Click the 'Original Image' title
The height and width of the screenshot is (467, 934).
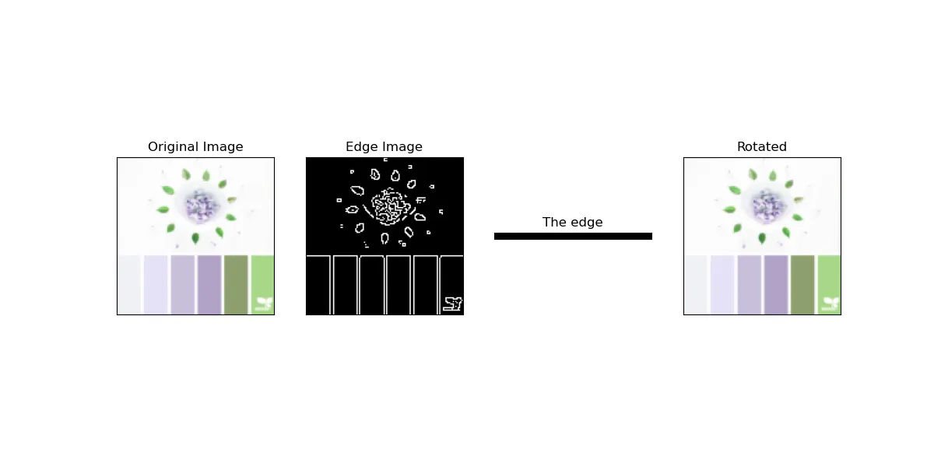[195, 146]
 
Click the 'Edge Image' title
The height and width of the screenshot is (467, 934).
[384, 146]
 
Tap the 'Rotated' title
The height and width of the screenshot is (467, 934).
[761, 146]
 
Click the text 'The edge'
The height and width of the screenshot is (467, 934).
[572, 223]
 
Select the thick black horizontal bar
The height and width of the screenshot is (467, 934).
[573, 236]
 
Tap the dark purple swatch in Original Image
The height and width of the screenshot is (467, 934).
[209, 284]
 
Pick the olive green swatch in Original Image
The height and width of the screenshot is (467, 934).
[236, 284]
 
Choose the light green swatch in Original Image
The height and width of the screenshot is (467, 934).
[262, 276]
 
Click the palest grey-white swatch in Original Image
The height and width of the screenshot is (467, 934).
[129, 284]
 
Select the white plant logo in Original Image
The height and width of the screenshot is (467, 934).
[265, 304]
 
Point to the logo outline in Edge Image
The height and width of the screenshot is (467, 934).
[452, 304]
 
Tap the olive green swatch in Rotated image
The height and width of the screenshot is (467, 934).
[802, 284]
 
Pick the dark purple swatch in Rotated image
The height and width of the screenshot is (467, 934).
[776, 284]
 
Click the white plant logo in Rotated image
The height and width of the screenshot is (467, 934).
[831, 304]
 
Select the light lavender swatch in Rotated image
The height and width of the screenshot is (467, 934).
[722, 284]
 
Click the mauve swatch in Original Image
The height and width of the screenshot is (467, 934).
[183, 284]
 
